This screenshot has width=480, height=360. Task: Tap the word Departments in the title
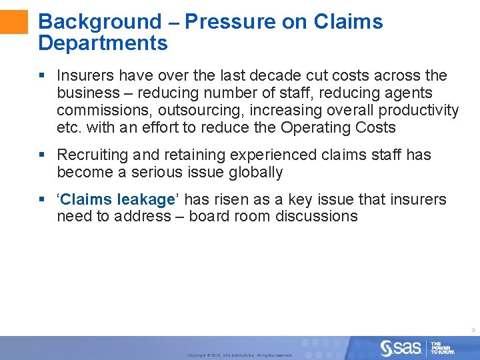click(x=103, y=43)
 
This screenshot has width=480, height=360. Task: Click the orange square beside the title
click(x=14, y=21)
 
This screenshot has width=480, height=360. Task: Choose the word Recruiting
click(x=92, y=155)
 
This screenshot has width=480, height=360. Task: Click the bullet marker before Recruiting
click(x=42, y=155)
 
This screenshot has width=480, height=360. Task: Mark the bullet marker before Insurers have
click(x=42, y=76)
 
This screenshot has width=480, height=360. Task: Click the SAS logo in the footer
click(x=401, y=347)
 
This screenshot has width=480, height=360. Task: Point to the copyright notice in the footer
click(x=239, y=355)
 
